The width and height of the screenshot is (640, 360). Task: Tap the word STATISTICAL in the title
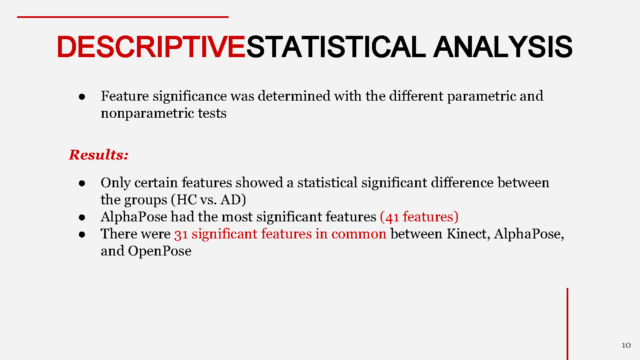coord(335,47)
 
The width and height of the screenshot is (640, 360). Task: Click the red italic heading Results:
coord(99,155)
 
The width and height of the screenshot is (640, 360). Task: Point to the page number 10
coord(626,345)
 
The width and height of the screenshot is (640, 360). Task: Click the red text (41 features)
coord(419,217)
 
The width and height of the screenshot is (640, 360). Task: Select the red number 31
coord(181,234)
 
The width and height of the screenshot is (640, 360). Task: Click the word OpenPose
coord(160,251)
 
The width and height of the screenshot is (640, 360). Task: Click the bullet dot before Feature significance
coord(82,97)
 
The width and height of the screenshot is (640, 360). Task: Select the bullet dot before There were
coord(82,234)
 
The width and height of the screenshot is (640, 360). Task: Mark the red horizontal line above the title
coord(123,17)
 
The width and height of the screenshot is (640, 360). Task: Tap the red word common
coord(358,234)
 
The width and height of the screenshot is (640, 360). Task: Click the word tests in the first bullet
coord(212,113)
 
